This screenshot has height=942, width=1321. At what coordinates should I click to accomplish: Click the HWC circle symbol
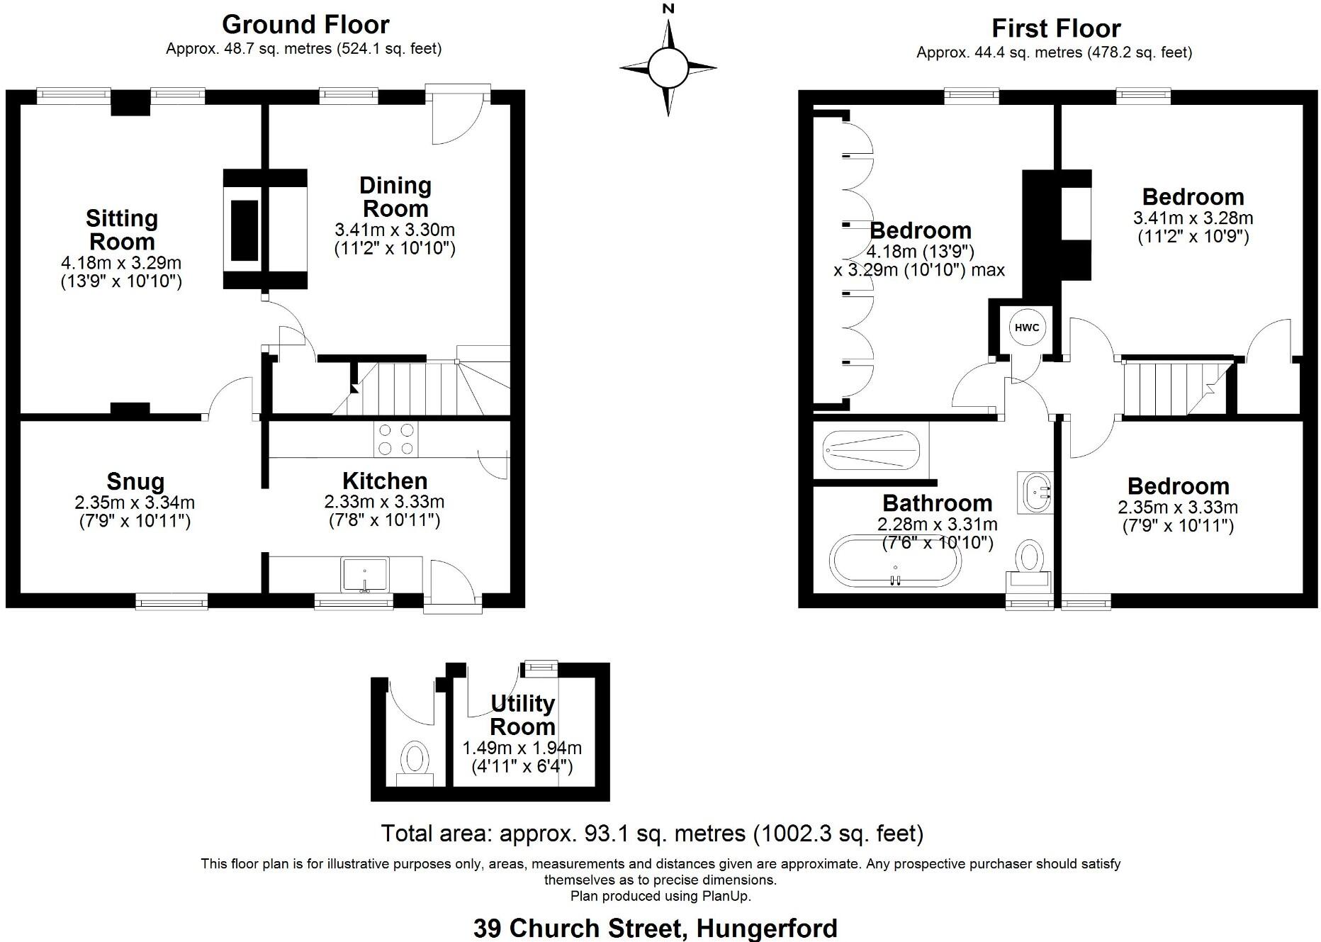(1026, 327)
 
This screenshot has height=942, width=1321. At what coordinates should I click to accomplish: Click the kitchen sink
(365, 574)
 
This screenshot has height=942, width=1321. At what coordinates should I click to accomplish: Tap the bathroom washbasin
(1036, 491)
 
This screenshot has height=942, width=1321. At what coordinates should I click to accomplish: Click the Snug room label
(135, 481)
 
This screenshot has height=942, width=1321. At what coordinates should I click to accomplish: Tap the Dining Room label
(395, 197)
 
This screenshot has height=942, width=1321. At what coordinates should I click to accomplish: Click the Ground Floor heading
(305, 25)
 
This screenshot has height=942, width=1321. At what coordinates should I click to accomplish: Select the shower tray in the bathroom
(871, 451)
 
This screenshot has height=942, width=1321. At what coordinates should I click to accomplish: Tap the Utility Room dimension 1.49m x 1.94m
(522, 748)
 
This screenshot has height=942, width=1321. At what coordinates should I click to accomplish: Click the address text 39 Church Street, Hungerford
(655, 928)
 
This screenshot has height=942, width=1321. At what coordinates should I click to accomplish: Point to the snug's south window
(172, 602)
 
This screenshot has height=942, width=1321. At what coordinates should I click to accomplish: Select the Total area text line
(652, 833)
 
